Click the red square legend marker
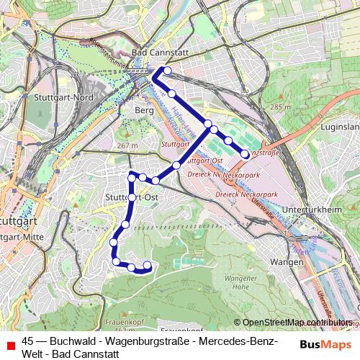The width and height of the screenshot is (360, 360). (x=9, y=343)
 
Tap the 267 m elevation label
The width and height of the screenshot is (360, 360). (x=127, y=145)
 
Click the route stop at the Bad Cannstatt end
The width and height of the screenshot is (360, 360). (x=167, y=71)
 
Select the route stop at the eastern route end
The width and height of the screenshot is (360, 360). (x=245, y=153)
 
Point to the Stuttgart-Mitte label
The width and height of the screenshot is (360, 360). (x=22, y=235)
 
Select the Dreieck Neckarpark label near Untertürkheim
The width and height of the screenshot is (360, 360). (x=245, y=195)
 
